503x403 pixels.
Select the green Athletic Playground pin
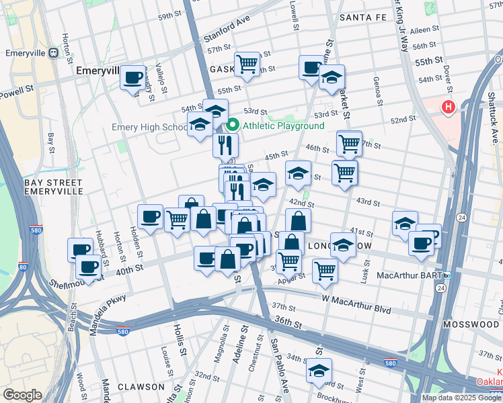[233, 125]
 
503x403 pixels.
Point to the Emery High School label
[148, 128]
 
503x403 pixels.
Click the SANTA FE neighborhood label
[363, 17]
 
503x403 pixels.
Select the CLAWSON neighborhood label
[141, 387]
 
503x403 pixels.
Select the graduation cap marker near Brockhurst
[319, 369]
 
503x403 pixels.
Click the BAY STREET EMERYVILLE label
[53, 187]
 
